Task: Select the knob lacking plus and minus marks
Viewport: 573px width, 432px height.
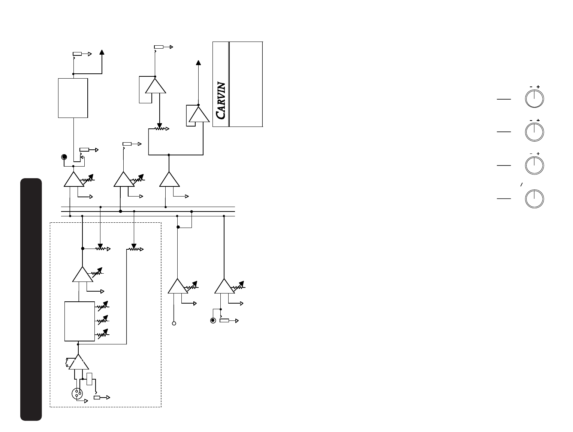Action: (534, 199)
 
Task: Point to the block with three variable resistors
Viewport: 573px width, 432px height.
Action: (79, 321)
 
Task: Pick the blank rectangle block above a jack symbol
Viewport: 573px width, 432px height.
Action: (73, 98)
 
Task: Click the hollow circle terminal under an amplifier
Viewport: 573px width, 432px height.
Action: (174, 323)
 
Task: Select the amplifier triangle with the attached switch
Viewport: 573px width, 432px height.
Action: (79, 362)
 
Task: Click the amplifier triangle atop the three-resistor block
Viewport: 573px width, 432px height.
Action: (82, 275)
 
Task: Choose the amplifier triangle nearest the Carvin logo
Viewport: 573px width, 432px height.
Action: (198, 115)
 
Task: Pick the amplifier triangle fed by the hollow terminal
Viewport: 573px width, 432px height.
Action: (178, 286)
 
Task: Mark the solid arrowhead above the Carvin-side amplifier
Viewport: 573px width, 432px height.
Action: (198, 63)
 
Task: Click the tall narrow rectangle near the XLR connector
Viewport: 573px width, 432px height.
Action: (89, 379)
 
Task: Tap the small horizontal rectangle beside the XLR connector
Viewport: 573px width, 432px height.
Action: (97, 398)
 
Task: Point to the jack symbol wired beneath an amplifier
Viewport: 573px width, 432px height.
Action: (213, 320)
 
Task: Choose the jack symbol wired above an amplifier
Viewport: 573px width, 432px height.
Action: (64, 156)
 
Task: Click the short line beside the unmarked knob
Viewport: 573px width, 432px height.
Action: (504, 199)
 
